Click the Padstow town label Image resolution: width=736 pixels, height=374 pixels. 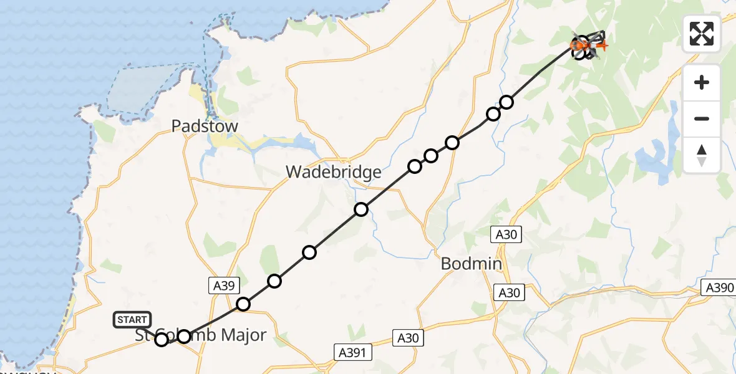pyautogui.click(x=205, y=127)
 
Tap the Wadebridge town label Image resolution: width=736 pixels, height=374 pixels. pyautogui.click(x=334, y=171)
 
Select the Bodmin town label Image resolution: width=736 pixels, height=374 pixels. pyautogui.click(x=471, y=264)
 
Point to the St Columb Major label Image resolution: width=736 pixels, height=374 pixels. pyautogui.click(x=201, y=335)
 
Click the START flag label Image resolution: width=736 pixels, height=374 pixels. pyautogui.click(x=132, y=320)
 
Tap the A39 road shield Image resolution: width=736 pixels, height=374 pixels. pyautogui.click(x=223, y=285)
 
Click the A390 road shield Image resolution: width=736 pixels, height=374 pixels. pyautogui.click(x=719, y=287)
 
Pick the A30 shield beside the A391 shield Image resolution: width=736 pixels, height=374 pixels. pyautogui.click(x=409, y=338)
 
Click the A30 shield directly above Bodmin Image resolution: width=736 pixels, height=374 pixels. pyautogui.click(x=506, y=234)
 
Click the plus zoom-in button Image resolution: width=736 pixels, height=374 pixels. pyautogui.click(x=702, y=82)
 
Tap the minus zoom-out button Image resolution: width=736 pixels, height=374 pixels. pyautogui.click(x=702, y=118)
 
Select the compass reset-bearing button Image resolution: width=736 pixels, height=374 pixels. pyautogui.click(x=702, y=155)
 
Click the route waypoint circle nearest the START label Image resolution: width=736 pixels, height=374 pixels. pyautogui.click(x=162, y=339)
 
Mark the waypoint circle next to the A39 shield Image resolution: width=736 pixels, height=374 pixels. pyautogui.click(x=243, y=304)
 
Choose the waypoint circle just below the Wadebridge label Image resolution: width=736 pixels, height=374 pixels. pyautogui.click(x=361, y=209)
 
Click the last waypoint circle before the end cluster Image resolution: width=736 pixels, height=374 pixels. pyautogui.click(x=506, y=102)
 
